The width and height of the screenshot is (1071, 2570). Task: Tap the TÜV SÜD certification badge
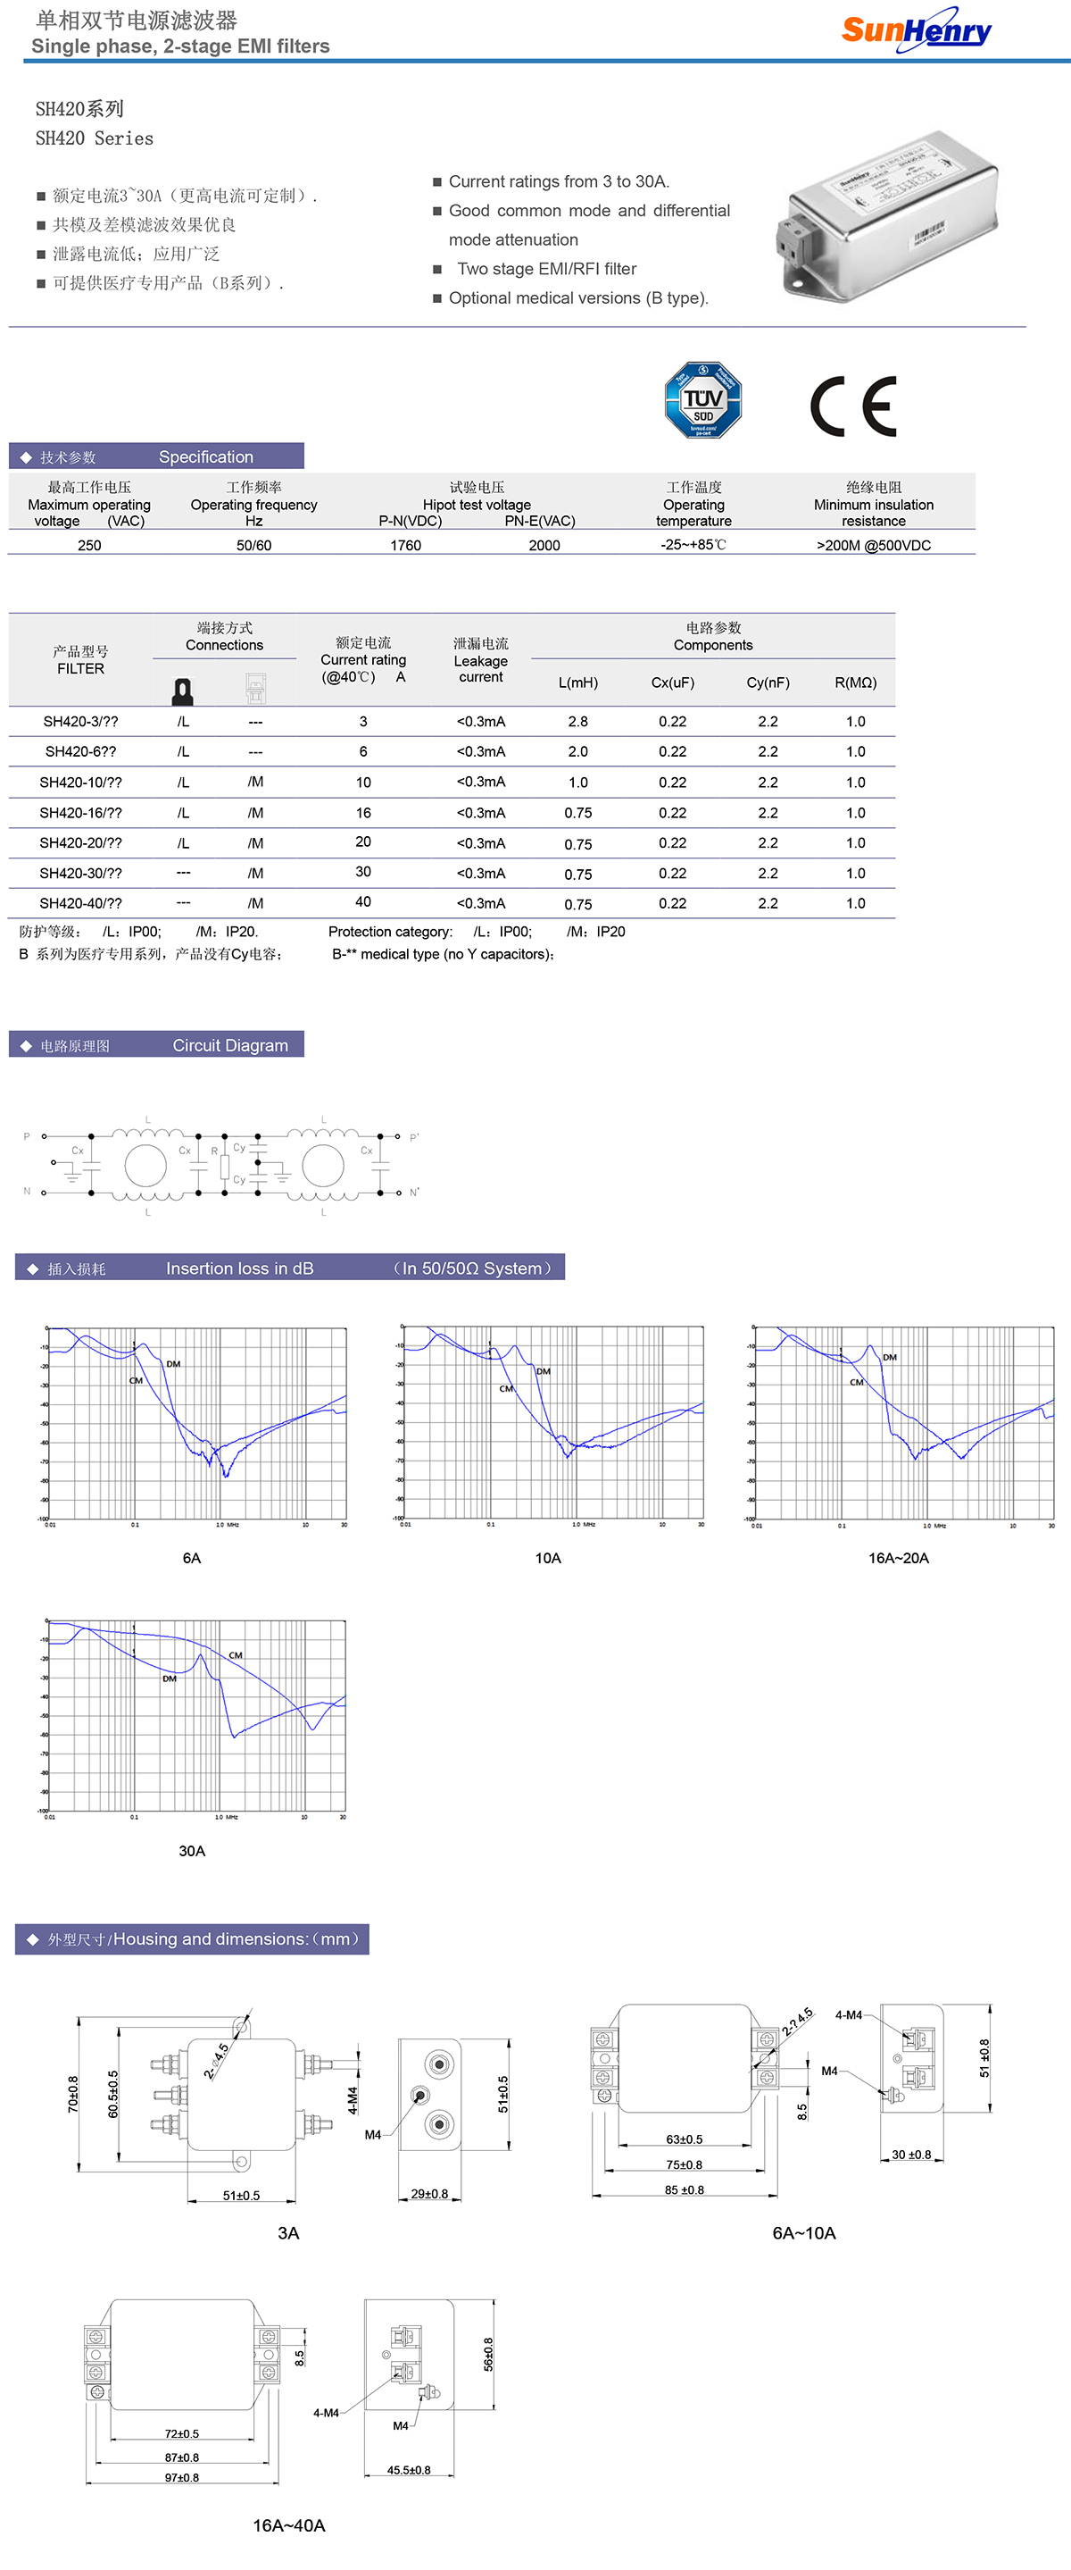703,400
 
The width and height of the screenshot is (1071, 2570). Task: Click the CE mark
853,406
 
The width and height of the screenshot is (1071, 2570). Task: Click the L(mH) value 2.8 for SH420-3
577,721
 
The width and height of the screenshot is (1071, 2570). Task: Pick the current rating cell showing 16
363,812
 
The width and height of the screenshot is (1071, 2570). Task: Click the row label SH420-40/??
81,903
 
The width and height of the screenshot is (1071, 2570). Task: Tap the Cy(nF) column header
768,682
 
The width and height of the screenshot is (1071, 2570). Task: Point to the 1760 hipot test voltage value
406,545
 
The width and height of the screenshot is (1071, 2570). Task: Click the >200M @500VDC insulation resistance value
874,545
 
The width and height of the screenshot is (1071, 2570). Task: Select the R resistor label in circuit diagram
214,1151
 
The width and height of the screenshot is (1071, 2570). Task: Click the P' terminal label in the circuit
414,1137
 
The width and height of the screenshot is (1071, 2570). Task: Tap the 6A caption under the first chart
192,1557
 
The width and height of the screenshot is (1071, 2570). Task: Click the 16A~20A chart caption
898,1557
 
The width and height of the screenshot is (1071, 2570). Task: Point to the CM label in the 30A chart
236,1655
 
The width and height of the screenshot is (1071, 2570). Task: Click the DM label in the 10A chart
544,1371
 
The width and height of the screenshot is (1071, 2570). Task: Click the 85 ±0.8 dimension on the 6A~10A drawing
684,2189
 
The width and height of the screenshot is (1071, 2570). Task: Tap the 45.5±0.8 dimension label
409,2470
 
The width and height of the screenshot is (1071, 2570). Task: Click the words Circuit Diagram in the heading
230,1045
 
